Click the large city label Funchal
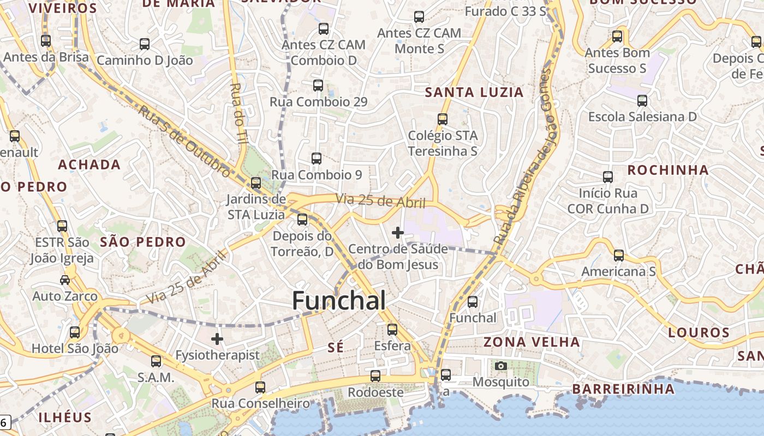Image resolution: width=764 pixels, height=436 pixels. click(339, 300)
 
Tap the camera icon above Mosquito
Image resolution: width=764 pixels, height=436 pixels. click(501, 366)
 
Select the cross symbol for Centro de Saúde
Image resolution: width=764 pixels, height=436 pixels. click(398, 233)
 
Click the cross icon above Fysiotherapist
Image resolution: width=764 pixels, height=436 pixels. click(217, 339)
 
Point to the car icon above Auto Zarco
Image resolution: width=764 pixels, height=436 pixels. click(65, 280)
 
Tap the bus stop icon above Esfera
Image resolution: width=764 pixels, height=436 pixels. click(392, 330)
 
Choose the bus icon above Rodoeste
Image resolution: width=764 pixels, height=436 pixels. click(375, 376)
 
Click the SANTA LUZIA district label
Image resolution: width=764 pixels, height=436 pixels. click(474, 92)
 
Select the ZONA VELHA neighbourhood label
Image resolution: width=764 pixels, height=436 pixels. click(532, 342)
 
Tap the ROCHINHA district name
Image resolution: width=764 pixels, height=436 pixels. click(668, 170)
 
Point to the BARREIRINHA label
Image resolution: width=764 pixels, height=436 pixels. click(623, 389)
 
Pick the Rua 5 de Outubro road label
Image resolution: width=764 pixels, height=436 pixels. click(184, 140)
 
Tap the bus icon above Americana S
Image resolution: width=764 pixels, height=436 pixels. click(619, 255)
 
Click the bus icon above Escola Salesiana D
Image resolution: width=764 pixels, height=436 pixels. click(642, 101)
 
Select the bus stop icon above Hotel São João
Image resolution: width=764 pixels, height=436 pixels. click(75, 332)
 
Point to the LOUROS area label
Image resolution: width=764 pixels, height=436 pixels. click(699, 332)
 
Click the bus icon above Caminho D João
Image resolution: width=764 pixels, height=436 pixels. click(145, 44)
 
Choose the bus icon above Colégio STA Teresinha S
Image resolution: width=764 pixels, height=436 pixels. click(443, 119)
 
